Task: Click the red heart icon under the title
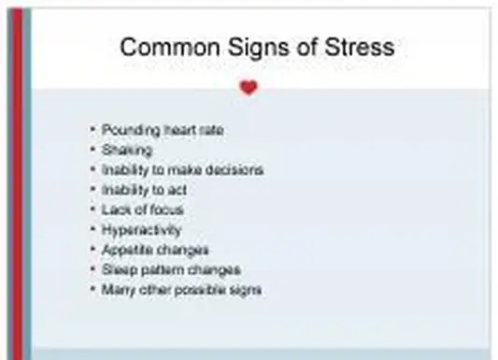[x=248, y=88]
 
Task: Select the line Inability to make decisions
[x=182, y=170]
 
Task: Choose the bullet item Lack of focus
[x=143, y=209]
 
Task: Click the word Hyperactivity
[x=142, y=230]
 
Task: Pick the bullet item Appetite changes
[x=155, y=250]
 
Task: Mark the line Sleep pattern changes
[x=171, y=270]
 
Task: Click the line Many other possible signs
[x=181, y=290]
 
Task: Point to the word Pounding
[x=131, y=130]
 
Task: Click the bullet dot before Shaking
[x=92, y=150]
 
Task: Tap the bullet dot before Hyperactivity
[x=92, y=230]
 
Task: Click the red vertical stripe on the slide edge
[x=15, y=187]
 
